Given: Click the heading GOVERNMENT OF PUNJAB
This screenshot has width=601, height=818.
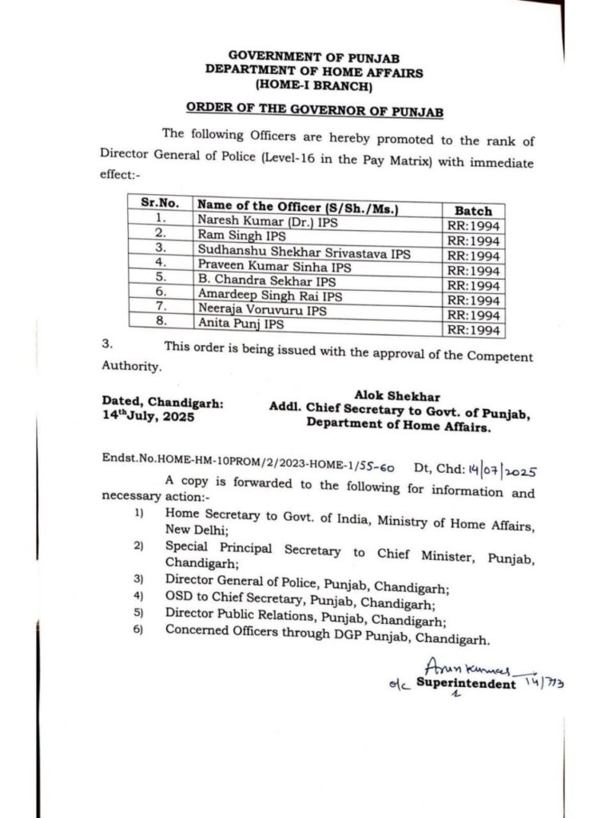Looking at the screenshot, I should (314, 56).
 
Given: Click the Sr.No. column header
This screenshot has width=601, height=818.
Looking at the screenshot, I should (160, 203).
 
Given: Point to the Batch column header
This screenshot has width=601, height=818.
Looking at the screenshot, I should (473, 210).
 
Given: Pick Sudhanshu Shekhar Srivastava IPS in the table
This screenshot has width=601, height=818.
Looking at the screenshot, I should (304, 252).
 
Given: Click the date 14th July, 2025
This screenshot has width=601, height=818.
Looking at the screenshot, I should (148, 416).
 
